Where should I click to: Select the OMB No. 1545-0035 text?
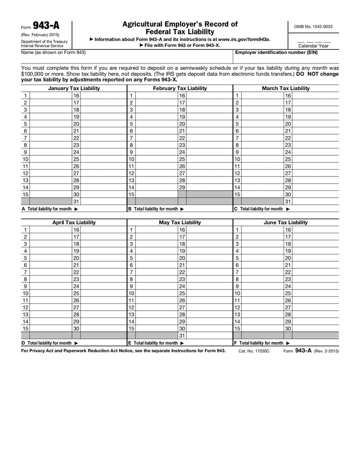313,27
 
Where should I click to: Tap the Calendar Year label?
314,45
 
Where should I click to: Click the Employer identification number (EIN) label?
276,53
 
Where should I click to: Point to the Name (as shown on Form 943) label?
53,53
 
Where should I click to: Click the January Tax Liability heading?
74,88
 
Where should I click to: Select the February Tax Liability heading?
180,88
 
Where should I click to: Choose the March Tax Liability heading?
286,88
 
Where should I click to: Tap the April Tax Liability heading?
74,222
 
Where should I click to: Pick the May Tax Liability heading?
180,222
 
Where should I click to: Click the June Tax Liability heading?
286,222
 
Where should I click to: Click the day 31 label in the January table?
76,201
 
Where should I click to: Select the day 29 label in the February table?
182,187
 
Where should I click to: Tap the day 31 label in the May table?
182,335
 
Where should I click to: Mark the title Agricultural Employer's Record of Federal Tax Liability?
180,28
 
